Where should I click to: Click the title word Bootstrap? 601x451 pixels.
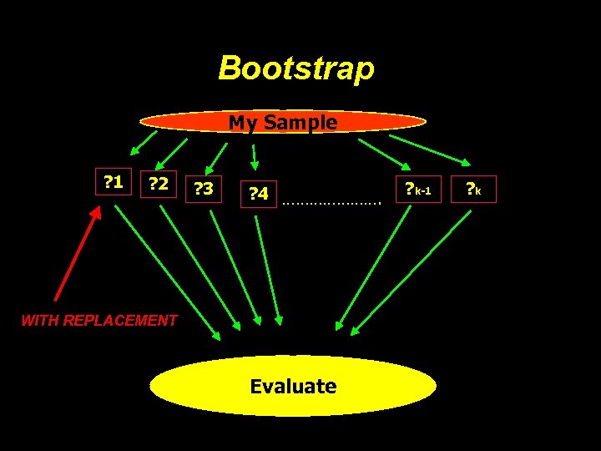tap(296, 68)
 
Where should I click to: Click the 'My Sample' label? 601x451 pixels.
tap(283, 123)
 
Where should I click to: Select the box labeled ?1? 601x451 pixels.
tap(113, 181)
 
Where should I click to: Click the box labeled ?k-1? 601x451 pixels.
tap(417, 190)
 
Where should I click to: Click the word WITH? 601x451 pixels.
tap(40, 320)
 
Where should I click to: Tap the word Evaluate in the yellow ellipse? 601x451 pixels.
tap(293, 386)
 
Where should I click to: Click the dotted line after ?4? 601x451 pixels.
tap(331, 201)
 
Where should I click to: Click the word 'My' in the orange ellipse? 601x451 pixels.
tap(243, 123)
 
